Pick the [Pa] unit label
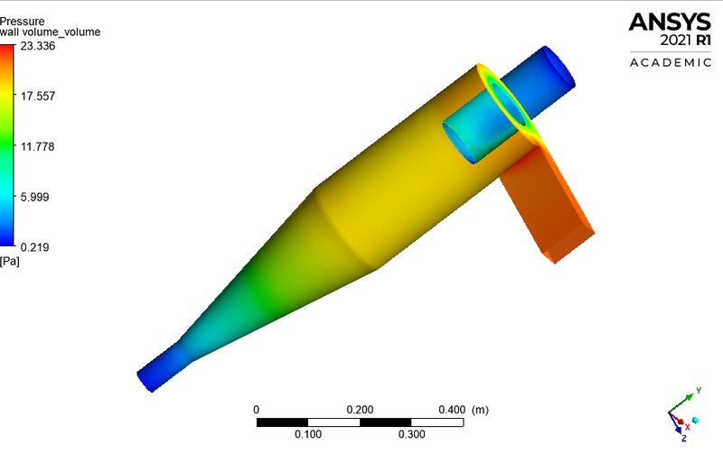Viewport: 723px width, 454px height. (10, 262)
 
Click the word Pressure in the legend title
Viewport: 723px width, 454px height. (23, 19)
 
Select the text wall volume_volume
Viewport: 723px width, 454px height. (51, 32)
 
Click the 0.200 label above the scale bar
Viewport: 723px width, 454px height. (360, 410)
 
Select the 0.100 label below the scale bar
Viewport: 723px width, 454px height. (308, 434)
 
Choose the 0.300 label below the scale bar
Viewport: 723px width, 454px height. (411, 434)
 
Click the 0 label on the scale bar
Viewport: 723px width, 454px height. (257, 410)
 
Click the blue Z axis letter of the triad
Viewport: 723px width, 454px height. (684, 439)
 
